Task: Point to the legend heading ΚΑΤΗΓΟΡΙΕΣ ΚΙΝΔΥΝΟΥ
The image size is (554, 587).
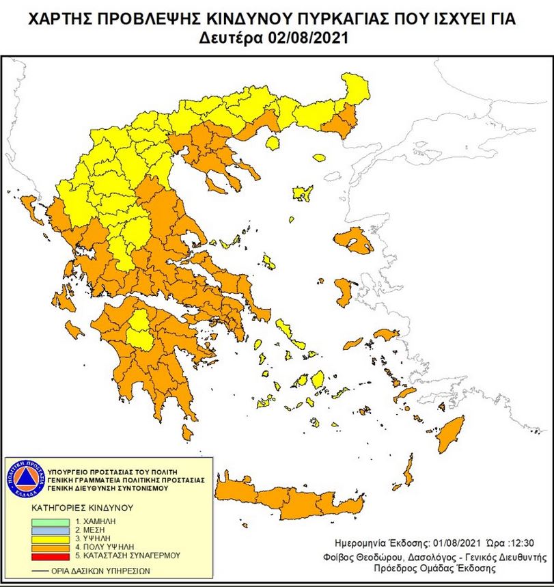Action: (x=82, y=509)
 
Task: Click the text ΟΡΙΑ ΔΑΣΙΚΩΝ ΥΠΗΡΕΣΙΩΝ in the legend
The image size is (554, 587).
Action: (x=102, y=569)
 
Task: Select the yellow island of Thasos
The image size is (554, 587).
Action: (x=273, y=143)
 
